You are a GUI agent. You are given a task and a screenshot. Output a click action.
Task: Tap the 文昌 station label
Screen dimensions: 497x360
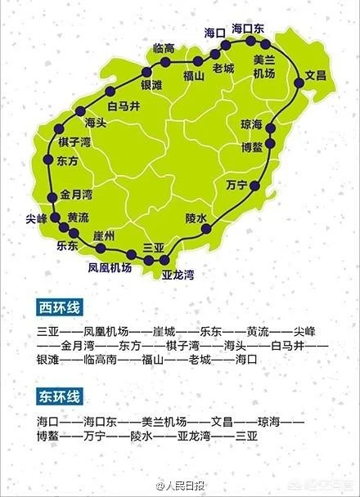coord(316,76)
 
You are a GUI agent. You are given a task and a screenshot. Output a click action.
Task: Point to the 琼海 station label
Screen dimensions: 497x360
coord(252,125)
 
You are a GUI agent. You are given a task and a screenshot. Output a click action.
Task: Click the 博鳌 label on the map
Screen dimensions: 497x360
coord(252,148)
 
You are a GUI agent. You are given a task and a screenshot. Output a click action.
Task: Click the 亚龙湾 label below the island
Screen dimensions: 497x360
coord(178,274)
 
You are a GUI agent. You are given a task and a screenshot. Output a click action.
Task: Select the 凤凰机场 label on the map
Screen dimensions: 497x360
coord(110,267)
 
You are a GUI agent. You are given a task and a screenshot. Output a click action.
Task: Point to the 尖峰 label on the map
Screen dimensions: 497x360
coord(37,219)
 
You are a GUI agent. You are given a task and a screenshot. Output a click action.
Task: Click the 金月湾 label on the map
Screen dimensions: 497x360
coord(76,195)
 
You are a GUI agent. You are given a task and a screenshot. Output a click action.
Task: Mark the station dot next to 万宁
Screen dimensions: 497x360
coord(254,186)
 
